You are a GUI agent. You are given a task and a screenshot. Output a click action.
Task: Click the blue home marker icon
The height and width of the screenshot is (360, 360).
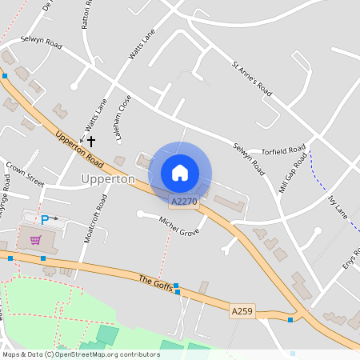(180, 172)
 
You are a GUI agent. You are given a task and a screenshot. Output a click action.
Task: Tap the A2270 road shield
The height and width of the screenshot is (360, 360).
(184, 202)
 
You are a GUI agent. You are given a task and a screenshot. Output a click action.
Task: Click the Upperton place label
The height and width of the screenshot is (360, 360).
(108, 179)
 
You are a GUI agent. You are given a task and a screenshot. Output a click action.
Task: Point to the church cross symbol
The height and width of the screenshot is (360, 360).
(91, 140)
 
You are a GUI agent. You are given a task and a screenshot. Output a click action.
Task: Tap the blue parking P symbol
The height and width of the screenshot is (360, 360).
(45, 219)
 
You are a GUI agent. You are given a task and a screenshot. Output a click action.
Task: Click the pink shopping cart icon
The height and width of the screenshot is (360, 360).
(35, 239)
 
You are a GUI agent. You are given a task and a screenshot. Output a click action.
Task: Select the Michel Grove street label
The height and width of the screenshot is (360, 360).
(178, 226)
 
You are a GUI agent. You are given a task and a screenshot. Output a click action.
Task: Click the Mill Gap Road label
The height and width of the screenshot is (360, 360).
(294, 173)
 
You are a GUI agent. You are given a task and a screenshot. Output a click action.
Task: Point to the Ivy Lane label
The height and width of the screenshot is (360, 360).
(338, 207)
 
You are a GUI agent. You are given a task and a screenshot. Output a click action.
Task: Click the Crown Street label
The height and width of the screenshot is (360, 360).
(24, 174)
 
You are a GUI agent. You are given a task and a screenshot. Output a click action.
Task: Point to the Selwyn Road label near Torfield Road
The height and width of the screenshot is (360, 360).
(249, 159)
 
